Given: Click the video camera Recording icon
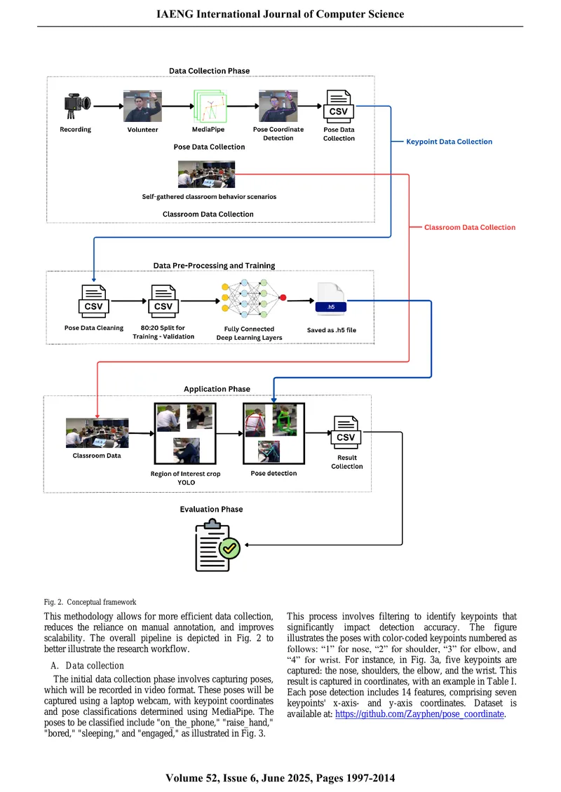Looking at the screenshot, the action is point(77,106).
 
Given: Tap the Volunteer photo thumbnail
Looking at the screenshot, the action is point(142,106).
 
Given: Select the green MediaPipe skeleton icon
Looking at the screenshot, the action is point(210,106).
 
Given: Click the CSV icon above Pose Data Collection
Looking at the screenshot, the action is point(339,106).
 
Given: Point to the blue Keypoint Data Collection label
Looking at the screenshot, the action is point(449,142).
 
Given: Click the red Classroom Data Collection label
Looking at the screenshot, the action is point(470,227).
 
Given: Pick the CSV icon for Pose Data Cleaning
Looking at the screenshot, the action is point(93,301).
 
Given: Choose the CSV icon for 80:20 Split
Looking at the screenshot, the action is point(163,301).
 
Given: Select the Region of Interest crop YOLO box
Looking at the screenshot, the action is point(185,433).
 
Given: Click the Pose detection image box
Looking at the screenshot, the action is point(274,433).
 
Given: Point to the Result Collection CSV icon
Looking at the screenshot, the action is point(346,432).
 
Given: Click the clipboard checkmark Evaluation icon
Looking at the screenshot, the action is point(217,545).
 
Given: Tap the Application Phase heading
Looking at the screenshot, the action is point(217,389).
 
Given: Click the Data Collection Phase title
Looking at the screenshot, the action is point(209,71).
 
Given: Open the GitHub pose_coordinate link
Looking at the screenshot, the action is point(419,714).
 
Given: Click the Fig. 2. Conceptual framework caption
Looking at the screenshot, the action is point(90,602).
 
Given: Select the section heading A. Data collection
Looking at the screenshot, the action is point(88,666).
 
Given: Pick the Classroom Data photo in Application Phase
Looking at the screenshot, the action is point(97,433).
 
